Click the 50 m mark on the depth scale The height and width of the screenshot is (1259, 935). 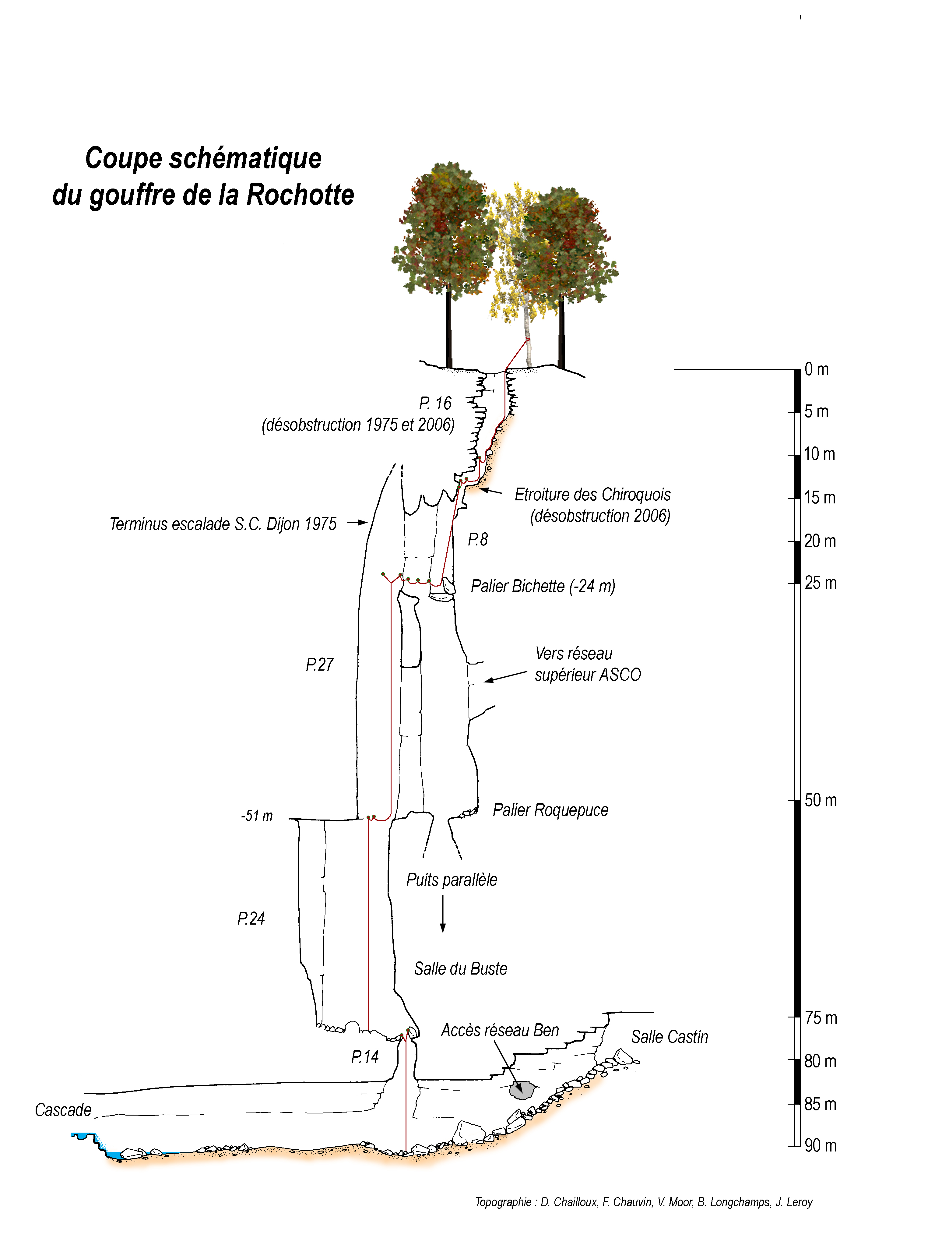(821, 800)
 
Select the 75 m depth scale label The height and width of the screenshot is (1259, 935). (821, 1018)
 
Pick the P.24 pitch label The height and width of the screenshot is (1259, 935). (251, 918)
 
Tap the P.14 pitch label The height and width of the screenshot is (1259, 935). (365, 1056)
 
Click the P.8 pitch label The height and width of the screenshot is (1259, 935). (478, 539)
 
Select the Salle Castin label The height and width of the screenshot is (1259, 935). (670, 1036)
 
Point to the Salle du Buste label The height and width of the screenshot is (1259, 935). (461, 968)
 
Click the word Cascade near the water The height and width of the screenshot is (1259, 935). (63, 1110)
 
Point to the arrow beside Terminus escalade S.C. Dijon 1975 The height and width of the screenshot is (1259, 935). (357, 523)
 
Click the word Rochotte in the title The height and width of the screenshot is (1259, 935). (301, 194)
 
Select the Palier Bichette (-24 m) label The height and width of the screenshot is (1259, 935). (543, 586)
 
